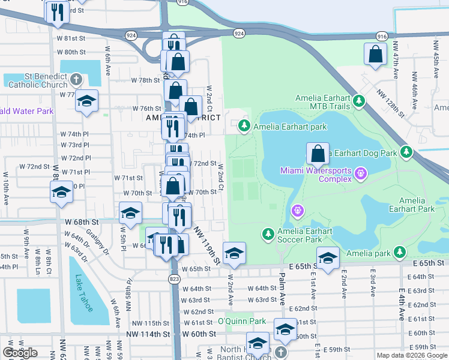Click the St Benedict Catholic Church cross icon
[76, 79]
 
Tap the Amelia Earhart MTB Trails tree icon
[359, 100]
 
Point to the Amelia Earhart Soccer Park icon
[268, 233]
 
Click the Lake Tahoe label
[83, 293]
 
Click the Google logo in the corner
[20, 353]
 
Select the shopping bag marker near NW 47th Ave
[375, 54]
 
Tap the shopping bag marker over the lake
[318, 153]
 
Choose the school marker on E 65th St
[328, 257]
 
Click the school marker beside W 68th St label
[130, 212]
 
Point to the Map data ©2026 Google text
[411, 355]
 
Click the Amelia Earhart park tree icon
[244, 125]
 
